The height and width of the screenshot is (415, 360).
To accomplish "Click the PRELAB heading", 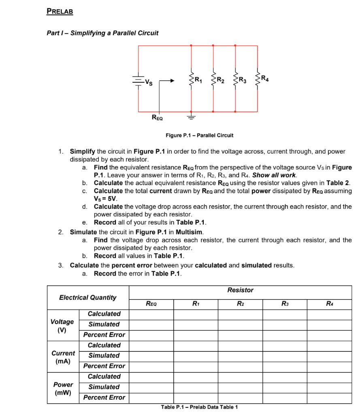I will [x=60, y=11].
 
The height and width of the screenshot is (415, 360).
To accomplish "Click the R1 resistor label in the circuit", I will [x=198, y=79].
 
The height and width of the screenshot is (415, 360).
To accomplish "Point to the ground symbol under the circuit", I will [x=191, y=117].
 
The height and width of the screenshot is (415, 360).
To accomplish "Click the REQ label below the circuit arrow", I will [x=158, y=118].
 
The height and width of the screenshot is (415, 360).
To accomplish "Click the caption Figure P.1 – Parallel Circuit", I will [x=199, y=135].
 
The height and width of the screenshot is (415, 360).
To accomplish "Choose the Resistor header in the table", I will [x=240, y=290].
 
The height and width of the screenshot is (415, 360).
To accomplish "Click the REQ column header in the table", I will [x=151, y=303].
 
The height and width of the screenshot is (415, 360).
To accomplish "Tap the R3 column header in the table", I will [x=285, y=303].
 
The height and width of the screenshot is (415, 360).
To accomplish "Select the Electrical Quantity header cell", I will [x=88, y=297].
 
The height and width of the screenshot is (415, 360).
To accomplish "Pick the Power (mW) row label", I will [x=63, y=388].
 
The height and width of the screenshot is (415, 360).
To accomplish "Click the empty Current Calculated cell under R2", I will [x=240, y=345].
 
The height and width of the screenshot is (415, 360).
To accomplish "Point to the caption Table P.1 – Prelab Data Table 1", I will [x=199, y=407].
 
